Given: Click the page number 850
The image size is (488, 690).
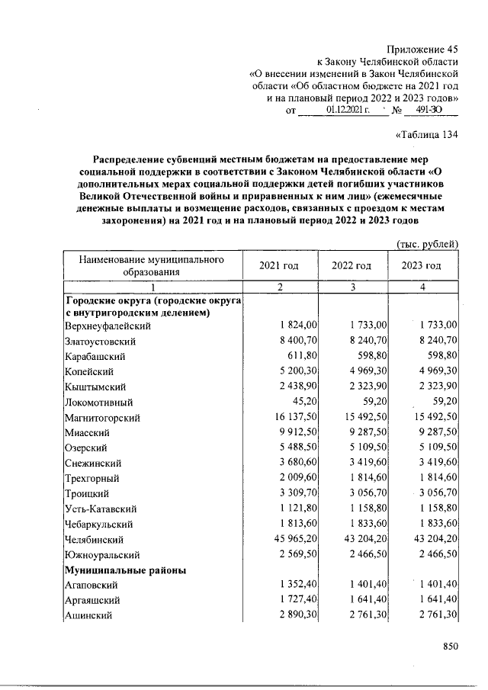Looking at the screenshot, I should pos(448,647).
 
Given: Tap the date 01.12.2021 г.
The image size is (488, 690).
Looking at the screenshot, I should pos(347,111).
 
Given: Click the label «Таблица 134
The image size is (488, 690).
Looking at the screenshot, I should pos(428,136).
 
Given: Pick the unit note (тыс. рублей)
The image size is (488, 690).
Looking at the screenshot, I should pos(428,243).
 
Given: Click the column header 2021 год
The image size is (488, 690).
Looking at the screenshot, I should pos(278,265).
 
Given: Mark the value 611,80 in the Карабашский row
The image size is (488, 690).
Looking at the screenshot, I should pos(300,356).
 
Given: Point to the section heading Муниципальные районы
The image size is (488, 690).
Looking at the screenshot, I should pos(126,570).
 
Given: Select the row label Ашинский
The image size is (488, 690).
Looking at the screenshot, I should pos(88,615).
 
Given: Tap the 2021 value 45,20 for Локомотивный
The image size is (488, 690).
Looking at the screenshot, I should pos(303,402).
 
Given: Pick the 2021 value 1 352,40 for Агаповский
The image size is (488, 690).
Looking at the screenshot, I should pos(297,585).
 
